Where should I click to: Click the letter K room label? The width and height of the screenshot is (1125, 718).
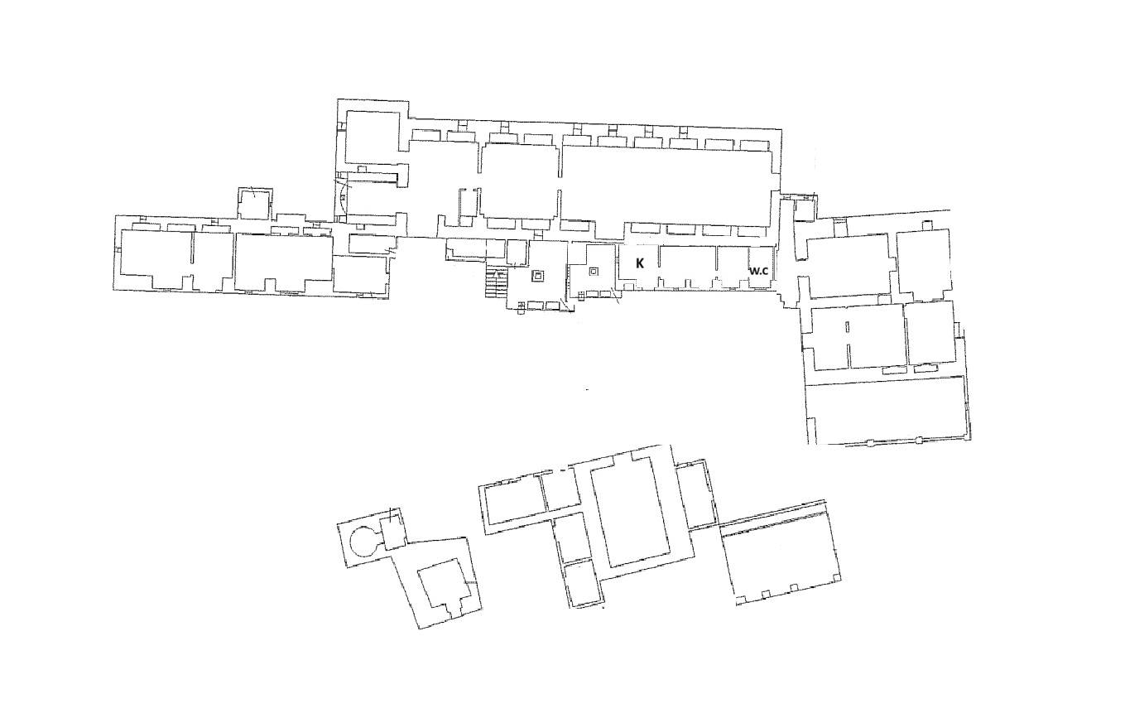[x=640, y=263]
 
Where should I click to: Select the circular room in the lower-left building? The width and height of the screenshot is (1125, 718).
[x=363, y=542]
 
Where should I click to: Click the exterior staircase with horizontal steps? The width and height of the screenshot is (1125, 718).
[x=497, y=283]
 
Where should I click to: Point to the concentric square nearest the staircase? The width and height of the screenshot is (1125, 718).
[x=538, y=276]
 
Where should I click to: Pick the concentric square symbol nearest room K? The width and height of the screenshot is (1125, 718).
[x=594, y=272]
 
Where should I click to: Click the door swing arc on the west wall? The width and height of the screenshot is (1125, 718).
[x=344, y=197]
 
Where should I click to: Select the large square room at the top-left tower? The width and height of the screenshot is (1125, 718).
[x=373, y=137]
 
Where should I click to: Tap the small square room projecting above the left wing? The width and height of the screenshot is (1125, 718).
[x=255, y=204]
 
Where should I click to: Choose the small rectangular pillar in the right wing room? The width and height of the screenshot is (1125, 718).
[x=847, y=327]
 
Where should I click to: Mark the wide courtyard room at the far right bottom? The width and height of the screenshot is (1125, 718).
[x=888, y=411]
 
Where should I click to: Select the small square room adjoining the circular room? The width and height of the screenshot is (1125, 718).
[x=392, y=531]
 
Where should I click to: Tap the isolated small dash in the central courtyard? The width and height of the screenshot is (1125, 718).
[x=587, y=389]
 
